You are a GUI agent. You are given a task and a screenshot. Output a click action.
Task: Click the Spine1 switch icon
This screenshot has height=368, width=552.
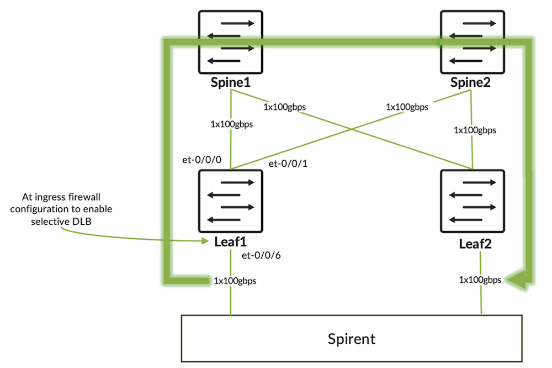point(231,42)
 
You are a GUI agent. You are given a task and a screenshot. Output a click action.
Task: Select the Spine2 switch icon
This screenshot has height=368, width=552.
point(473,42)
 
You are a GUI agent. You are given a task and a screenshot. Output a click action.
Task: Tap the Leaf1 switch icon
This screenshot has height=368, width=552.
point(231,201)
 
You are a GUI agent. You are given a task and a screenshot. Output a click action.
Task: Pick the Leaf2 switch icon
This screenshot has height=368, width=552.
point(473,201)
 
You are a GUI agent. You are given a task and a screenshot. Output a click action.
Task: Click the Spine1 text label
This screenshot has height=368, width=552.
point(230,82)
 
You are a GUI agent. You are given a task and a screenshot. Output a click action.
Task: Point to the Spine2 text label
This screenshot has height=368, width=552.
point(470,82)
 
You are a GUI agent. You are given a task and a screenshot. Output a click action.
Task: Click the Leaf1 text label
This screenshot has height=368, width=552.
point(230,242)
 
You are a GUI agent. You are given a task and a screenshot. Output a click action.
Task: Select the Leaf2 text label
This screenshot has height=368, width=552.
point(475,244)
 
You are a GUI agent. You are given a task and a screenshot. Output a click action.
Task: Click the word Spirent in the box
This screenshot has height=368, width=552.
point(351,339)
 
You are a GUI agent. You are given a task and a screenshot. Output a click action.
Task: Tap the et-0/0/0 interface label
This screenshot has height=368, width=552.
point(201,160)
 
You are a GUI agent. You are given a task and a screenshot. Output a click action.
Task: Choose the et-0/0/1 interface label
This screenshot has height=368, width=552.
point(288,164)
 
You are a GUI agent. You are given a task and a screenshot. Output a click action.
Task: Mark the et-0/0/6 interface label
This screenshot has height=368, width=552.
point(261,255)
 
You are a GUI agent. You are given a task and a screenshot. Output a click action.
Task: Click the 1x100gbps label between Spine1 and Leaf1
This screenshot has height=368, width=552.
point(232,124)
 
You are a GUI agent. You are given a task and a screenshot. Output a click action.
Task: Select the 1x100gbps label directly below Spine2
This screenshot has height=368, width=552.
point(475,130)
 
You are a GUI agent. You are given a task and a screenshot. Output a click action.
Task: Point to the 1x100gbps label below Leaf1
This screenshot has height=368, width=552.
point(235,281)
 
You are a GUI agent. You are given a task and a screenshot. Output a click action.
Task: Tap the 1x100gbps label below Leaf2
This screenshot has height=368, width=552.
point(480,280)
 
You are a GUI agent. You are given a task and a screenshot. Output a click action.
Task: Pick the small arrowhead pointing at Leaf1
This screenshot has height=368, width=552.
point(205,241)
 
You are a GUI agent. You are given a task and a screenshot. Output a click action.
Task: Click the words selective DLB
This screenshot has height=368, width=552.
point(61,222)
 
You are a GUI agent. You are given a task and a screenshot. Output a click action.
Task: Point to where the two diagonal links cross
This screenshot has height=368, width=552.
point(351,129)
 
